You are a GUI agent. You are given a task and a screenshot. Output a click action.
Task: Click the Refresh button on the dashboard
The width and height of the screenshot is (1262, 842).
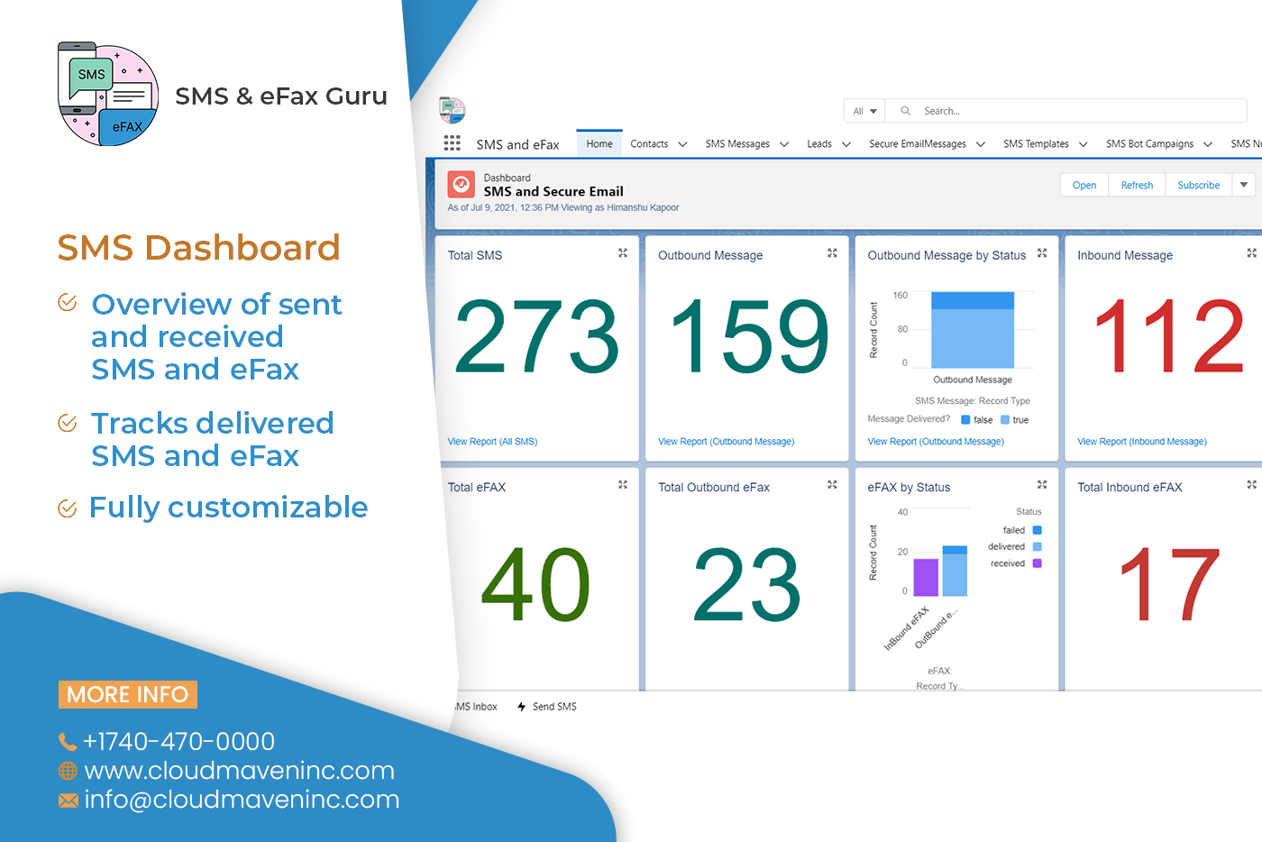1137,185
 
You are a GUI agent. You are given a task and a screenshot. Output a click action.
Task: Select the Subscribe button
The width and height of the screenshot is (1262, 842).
1198,185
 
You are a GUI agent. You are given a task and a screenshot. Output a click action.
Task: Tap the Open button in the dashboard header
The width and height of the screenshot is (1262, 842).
1084,185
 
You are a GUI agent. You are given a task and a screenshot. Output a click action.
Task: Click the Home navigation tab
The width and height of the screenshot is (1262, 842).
599,143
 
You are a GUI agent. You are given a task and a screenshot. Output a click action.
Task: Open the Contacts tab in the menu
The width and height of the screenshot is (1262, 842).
649,143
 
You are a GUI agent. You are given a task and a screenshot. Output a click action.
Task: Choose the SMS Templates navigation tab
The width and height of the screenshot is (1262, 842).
1036,143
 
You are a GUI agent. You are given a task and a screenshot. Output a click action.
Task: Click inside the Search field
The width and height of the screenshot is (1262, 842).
1073,111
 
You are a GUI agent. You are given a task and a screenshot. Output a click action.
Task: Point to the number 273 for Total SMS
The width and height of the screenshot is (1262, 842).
537,336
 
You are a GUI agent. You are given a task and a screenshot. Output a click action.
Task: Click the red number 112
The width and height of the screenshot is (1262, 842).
1168,336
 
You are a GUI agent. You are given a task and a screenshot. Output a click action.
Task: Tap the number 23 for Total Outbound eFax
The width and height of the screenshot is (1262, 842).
746,585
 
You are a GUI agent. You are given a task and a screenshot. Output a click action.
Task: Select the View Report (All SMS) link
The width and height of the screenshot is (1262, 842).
492,442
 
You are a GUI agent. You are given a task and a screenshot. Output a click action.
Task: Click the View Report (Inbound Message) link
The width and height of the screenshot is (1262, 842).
1142,442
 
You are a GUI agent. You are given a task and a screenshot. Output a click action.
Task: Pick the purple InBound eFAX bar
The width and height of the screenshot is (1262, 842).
926,577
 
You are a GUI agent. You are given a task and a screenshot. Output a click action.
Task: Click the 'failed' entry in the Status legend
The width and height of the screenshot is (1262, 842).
1014,530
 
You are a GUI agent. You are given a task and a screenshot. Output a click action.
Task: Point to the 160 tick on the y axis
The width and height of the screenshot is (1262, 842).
901,295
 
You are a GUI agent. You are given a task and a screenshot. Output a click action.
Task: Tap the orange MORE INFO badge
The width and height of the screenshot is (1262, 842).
128,694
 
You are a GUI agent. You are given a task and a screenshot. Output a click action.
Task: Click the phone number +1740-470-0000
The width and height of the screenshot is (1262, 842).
178,741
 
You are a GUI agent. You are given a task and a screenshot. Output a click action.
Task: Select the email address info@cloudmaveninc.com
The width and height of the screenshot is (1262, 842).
242,800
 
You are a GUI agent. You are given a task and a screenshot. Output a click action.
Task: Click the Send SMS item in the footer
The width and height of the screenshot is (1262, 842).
553,707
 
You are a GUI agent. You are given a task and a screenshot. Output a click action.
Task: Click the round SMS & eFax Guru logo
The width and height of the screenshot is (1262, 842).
108,95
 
